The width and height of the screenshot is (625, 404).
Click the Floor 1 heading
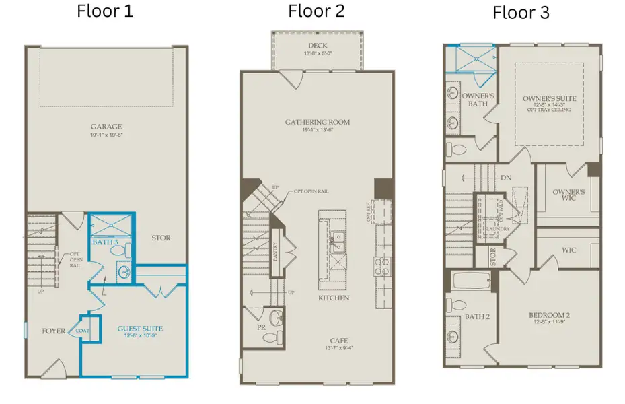coord(104,11)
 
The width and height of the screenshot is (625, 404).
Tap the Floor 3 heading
coord(521,13)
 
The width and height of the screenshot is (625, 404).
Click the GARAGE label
coord(106,126)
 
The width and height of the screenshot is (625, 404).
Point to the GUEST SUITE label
coord(140,329)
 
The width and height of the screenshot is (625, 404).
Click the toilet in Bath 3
coord(118,250)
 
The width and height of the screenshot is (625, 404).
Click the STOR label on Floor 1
coord(161,238)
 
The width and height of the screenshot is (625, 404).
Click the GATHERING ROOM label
coord(317,122)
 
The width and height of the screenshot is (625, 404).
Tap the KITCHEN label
coord(334,298)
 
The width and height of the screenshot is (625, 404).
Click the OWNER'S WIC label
coord(568,195)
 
